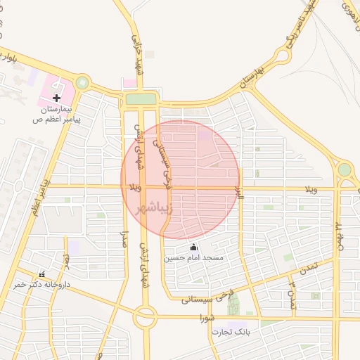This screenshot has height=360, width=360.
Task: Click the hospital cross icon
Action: coord(56,98)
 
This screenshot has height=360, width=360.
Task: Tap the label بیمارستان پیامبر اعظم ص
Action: coord(57,115)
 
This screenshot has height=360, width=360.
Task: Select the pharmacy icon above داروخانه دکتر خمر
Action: coord(41,274)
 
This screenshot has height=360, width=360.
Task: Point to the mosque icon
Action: coord(193,247)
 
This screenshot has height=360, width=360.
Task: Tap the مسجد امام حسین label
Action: coord(193,258)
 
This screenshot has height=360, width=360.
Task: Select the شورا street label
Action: coord(205,319)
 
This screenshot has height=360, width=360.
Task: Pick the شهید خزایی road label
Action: coord(136,44)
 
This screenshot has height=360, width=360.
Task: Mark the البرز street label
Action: coord(240,193)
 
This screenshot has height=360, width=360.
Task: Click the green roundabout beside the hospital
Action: coord(83,83)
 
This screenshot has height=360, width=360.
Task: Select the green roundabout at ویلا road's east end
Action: coord(344,169)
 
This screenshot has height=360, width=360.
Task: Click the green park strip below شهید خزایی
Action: coord(141,99)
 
